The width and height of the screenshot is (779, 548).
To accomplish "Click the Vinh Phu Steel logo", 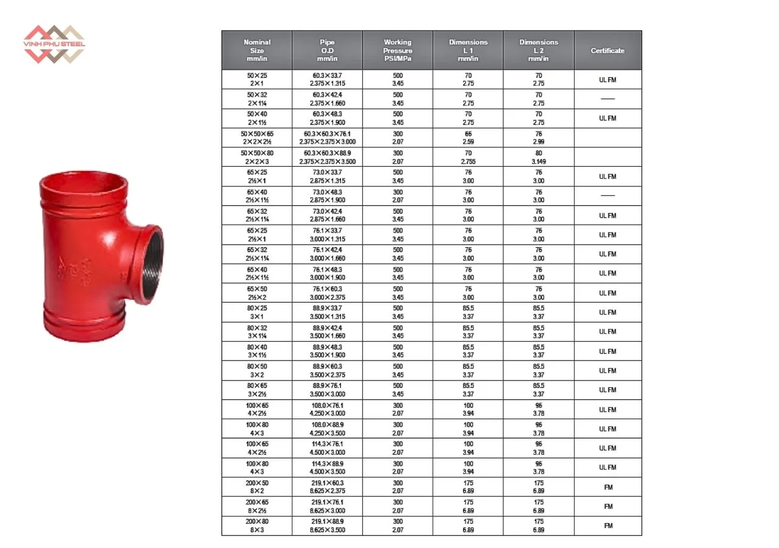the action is click(x=54, y=44).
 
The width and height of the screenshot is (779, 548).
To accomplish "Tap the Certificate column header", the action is click(x=607, y=51).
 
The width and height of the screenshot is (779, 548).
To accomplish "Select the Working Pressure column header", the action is click(x=397, y=51).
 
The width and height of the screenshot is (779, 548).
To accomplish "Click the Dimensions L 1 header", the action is click(x=468, y=51).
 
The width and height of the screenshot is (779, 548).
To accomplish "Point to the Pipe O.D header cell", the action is click(x=327, y=51).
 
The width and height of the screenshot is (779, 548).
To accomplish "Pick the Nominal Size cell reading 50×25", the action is click(x=257, y=79).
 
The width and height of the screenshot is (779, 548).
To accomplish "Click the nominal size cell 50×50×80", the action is click(x=257, y=157).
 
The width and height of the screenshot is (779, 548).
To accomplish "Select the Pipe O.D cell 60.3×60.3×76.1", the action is click(x=327, y=138).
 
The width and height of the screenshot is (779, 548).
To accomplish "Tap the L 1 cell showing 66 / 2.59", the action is click(x=468, y=138).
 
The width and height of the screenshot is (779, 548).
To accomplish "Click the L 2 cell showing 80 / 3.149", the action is click(x=539, y=157).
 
